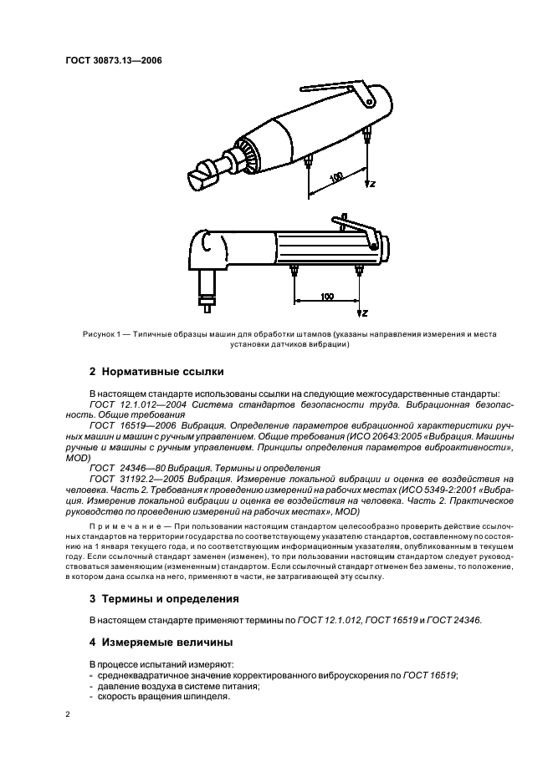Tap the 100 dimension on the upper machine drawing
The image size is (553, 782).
336,177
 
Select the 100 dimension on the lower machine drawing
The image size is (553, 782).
326,297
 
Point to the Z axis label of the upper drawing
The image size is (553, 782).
372,182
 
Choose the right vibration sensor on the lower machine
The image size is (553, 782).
360,269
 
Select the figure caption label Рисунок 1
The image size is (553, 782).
104,334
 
